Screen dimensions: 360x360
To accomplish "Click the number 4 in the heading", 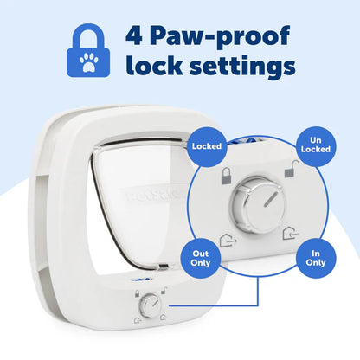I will [x=137, y=36].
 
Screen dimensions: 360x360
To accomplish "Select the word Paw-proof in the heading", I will [x=219, y=36].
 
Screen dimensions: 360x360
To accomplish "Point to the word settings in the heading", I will [x=244, y=67].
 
